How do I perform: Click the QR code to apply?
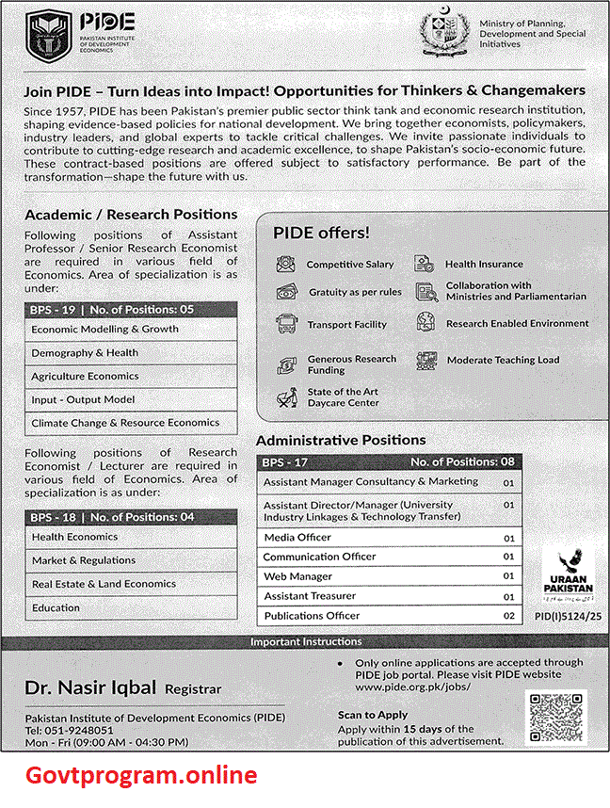click(x=555, y=718)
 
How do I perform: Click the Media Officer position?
click(x=297, y=538)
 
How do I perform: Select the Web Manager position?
click(x=297, y=576)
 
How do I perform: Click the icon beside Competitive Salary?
click(x=285, y=265)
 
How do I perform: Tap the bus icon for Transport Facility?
click(x=285, y=325)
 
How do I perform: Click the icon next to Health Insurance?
click(x=425, y=265)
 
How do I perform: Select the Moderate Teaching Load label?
click(x=503, y=360)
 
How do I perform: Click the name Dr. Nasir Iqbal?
click(x=90, y=688)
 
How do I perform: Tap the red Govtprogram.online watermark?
click(x=139, y=775)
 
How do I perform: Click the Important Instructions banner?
click(x=305, y=642)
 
